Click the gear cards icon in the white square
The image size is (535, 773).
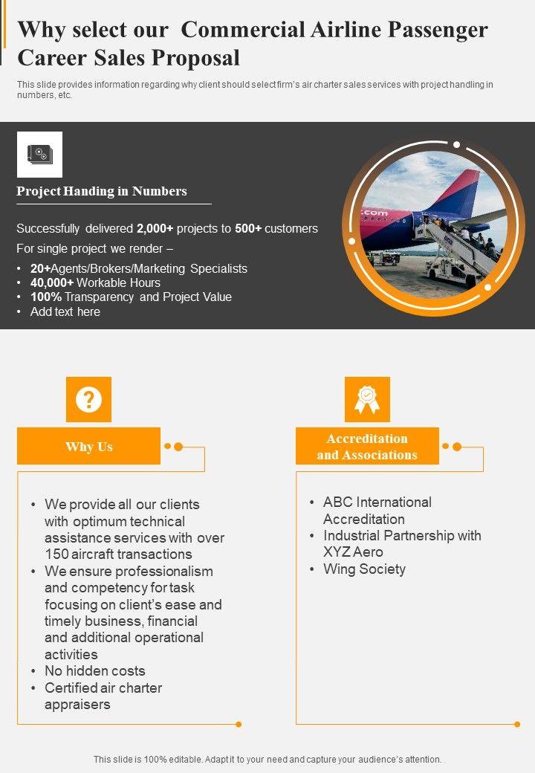(x=39, y=155)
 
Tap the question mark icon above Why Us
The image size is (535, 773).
(x=88, y=399)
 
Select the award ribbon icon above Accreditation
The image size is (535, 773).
(x=367, y=399)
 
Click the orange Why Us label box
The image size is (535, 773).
(x=88, y=446)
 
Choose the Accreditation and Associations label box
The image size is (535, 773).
(x=367, y=446)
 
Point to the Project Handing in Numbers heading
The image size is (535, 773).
(x=102, y=191)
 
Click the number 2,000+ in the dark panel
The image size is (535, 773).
(x=155, y=228)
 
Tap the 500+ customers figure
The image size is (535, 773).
(x=248, y=228)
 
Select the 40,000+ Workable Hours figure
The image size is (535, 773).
(x=53, y=282)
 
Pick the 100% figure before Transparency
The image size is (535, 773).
(x=45, y=297)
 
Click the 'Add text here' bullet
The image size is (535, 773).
(x=65, y=311)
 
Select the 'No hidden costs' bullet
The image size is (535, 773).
(x=95, y=670)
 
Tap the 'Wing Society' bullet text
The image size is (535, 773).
(x=364, y=569)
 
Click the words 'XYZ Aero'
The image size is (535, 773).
(x=353, y=552)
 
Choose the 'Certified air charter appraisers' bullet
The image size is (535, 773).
(x=103, y=696)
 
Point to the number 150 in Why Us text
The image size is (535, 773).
(x=56, y=554)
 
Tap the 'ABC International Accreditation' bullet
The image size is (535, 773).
(x=377, y=511)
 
